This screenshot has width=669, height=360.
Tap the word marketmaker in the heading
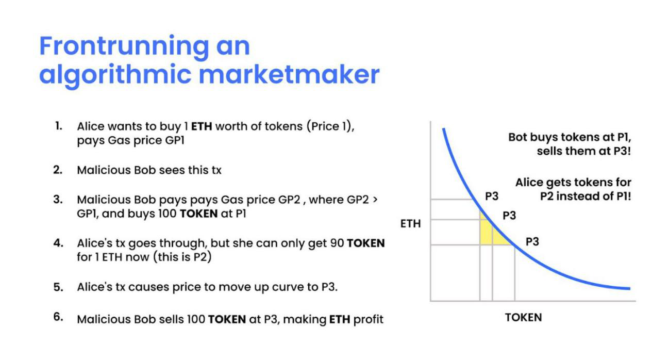click(x=289, y=74)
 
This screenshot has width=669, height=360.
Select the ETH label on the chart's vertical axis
click(x=410, y=224)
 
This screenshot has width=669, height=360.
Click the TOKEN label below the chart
click(x=523, y=318)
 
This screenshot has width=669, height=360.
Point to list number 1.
click(x=59, y=126)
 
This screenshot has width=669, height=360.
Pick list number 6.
click(x=58, y=317)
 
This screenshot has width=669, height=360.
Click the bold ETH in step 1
click(x=202, y=127)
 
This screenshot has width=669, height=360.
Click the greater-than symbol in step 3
click(x=375, y=200)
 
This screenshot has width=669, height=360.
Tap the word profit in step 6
click(x=368, y=320)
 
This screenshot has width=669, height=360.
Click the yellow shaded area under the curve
click(x=490, y=232)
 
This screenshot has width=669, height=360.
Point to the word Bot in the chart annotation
click(x=517, y=137)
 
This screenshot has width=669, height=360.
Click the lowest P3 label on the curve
click(x=532, y=242)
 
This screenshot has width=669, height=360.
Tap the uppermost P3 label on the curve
click(x=492, y=197)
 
